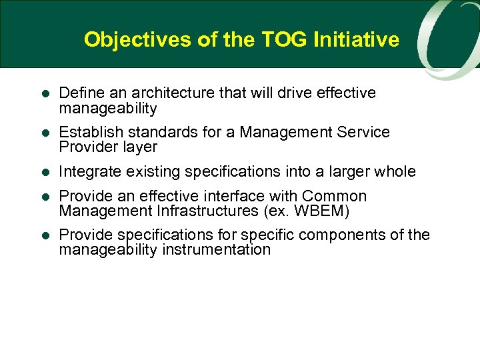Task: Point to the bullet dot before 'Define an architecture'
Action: tap(44, 93)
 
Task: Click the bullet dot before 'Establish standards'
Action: tap(44, 133)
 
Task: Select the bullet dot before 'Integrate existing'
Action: tap(44, 172)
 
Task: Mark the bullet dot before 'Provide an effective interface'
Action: tap(44, 197)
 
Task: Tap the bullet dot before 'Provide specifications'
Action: tap(44, 235)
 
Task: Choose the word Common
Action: tap(335, 196)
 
